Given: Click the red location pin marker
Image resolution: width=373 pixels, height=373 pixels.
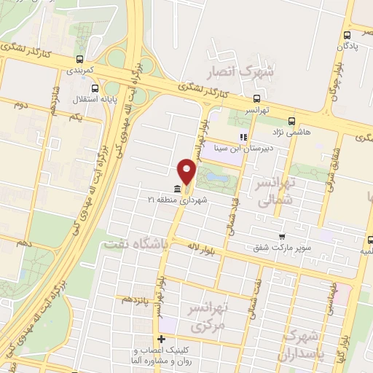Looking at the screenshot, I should tap(186, 172).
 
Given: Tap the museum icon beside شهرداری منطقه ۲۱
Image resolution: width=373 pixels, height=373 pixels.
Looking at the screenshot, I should tap(179, 189).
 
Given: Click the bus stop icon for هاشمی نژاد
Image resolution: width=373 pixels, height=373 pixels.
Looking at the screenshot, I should tap(291, 122).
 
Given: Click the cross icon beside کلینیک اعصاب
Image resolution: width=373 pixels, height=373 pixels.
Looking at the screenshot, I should tap(161, 339).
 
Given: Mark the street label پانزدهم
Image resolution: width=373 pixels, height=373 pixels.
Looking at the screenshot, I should tap(137, 299).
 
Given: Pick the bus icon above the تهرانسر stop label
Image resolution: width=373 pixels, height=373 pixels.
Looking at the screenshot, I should tap(256, 98).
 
